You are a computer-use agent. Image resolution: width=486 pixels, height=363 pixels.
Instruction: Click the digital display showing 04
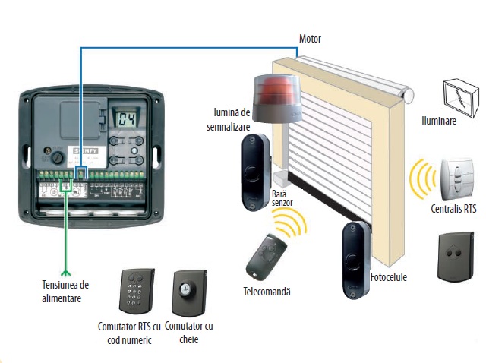click(124, 118)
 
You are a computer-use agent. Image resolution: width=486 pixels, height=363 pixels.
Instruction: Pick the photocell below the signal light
click(255, 172)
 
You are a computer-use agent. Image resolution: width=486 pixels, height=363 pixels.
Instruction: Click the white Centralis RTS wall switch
click(456, 179)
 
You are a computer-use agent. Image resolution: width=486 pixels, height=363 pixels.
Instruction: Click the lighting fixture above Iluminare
click(460, 93)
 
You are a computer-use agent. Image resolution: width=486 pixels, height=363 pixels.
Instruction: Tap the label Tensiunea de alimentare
click(65, 292)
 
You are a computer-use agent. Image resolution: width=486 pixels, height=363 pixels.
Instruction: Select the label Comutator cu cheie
click(189, 333)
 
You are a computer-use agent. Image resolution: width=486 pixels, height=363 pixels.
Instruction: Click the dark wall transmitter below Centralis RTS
click(456, 256)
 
